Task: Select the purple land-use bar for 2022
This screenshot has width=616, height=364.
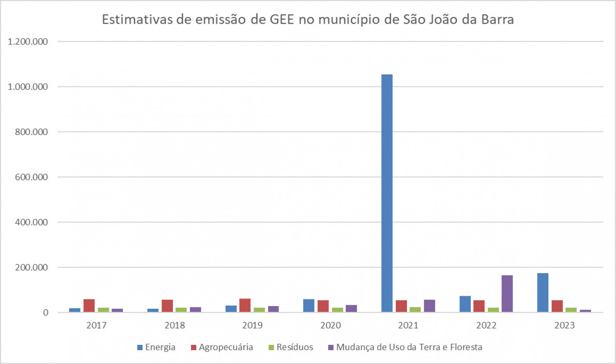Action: click(x=507, y=294)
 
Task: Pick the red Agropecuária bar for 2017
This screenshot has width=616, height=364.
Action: click(x=89, y=306)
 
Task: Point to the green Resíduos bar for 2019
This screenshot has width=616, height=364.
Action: click(x=259, y=310)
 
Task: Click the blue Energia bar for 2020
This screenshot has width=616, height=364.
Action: click(x=308, y=306)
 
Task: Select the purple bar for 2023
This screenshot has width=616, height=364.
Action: click(x=585, y=311)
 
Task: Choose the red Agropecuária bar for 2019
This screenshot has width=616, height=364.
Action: click(x=245, y=305)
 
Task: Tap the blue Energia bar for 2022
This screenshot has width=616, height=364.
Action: click(x=465, y=304)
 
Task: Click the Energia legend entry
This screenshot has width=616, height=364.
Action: click(x=156, y=348)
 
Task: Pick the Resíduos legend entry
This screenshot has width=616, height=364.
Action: click(x=290, y=348)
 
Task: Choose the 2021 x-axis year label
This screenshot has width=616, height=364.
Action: click(x=408, y=326)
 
